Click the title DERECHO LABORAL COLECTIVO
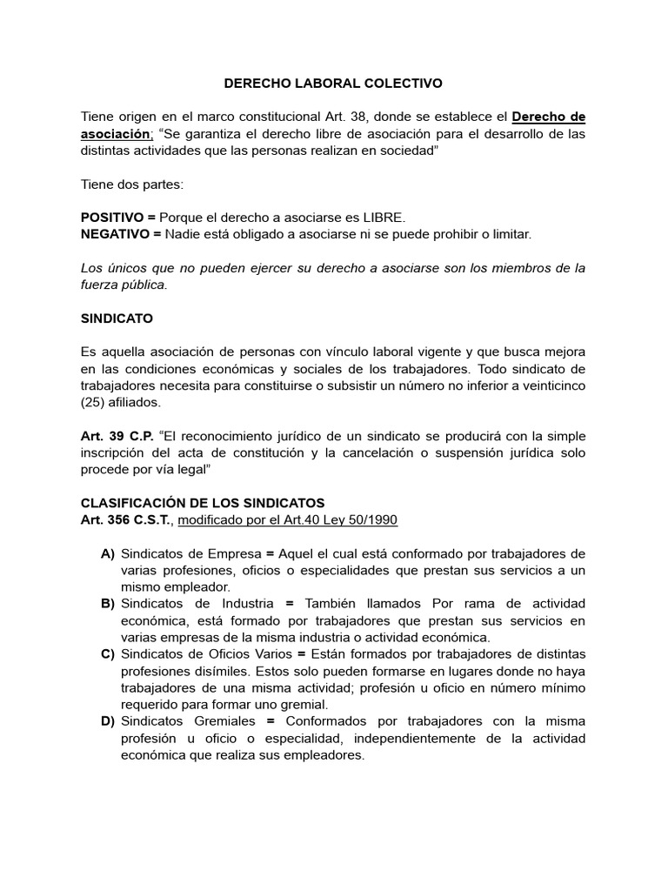[x=333, y=84]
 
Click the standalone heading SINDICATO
[x=116, y=318]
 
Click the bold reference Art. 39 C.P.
[x=117, y=436]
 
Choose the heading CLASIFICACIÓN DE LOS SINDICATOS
[x=202, y=503]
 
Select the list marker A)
[x=108, y=553]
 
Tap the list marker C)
[x=108, y=654]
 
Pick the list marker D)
[x=108, y=721]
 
